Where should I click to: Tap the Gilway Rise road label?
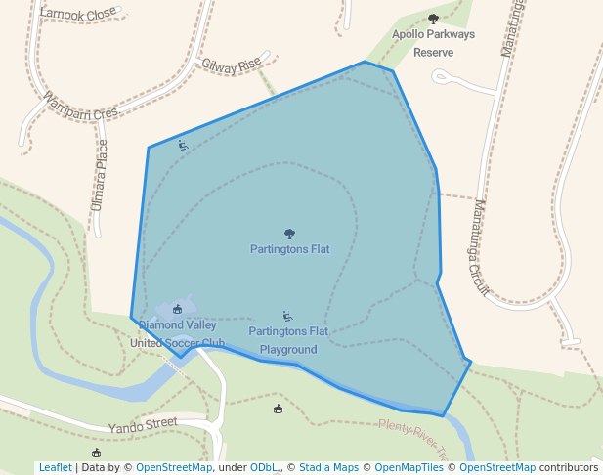pos(232,65)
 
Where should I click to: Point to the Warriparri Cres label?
pos(80,106)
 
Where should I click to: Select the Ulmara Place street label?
pos(100,175)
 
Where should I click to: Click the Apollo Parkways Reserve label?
pos(433,43)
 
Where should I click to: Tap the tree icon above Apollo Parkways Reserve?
pos(434,19)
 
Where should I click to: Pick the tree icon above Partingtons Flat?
pos(289,234)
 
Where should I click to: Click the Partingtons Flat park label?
pos(289,249)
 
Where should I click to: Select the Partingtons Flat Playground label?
pos(288,340)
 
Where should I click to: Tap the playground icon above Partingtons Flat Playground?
pos(287,316)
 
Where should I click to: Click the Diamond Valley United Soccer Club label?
pos(182,334)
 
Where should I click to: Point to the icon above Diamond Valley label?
pos(177,309)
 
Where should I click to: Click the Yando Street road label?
pos(143,424)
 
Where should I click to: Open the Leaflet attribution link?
pos(55,467)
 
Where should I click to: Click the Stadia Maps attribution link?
pos(327,467)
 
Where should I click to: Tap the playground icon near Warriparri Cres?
pos(183,145)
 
